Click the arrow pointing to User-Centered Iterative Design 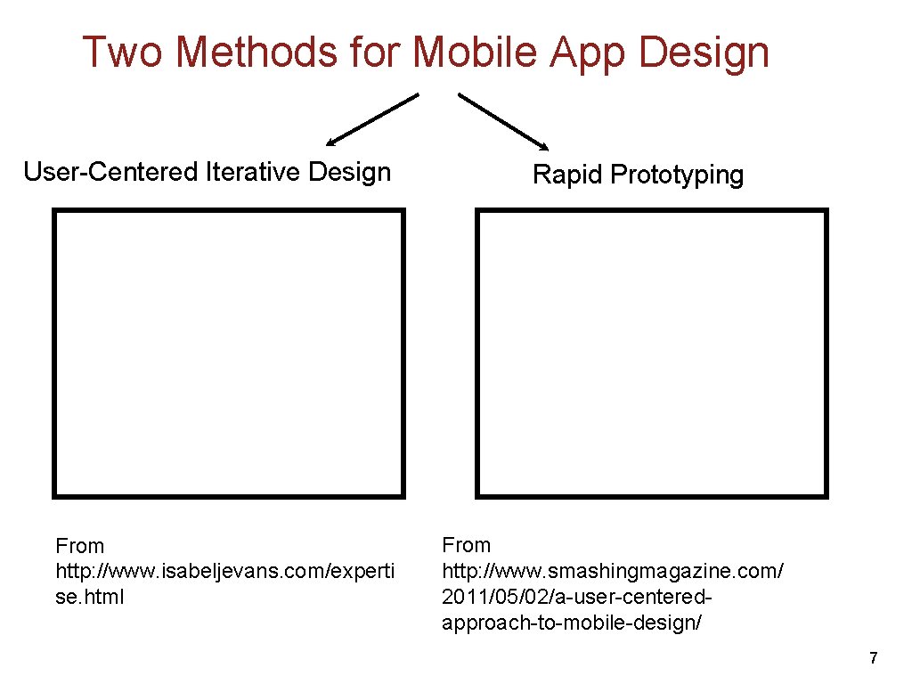pos(371,118)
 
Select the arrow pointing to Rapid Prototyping pos(503,120)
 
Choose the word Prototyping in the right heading pos(677,175)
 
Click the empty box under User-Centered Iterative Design pos(229,353)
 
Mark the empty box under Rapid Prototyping pos(652,353)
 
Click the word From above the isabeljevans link pos(79,546)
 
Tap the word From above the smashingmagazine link pos(466,545)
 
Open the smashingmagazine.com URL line pos(613,570)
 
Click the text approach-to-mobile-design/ pos(572,622)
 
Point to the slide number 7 pos(873,658)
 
